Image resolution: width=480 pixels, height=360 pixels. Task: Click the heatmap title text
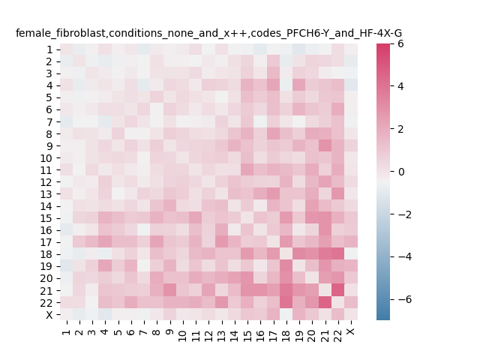[x=208, y=33]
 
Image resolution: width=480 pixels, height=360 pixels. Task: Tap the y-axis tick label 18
[x=46, y=254]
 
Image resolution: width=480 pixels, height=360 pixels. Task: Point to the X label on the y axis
[x=49, y=315]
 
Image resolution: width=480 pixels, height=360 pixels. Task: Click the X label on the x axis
[x=352, y=331]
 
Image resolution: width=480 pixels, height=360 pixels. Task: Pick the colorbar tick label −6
[x=405, y=299]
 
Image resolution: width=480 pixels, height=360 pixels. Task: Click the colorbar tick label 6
[x=400, y=43]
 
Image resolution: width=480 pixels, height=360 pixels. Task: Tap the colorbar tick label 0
[x=400, y=172]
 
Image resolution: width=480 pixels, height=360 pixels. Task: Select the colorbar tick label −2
[x=405, y=214]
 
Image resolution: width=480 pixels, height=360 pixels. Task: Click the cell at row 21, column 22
[x=338, y=290]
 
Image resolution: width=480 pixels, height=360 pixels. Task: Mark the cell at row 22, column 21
[x=325, y=302]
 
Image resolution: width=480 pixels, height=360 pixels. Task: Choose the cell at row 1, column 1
[x=67, y=49]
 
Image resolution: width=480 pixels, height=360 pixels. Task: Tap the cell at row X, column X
[x=351, y=314]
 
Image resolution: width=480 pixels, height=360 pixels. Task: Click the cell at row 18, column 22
[x=338, y=254]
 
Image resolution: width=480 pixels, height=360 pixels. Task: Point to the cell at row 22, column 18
[x=286, y=302]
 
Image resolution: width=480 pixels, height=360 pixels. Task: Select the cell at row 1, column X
[x=351, y=49]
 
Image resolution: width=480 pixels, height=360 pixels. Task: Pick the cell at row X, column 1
[x=67, y=314]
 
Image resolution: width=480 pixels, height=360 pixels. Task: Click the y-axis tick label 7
[x=49, y=121]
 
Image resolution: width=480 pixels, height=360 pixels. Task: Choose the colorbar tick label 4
[x=400, y=86]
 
